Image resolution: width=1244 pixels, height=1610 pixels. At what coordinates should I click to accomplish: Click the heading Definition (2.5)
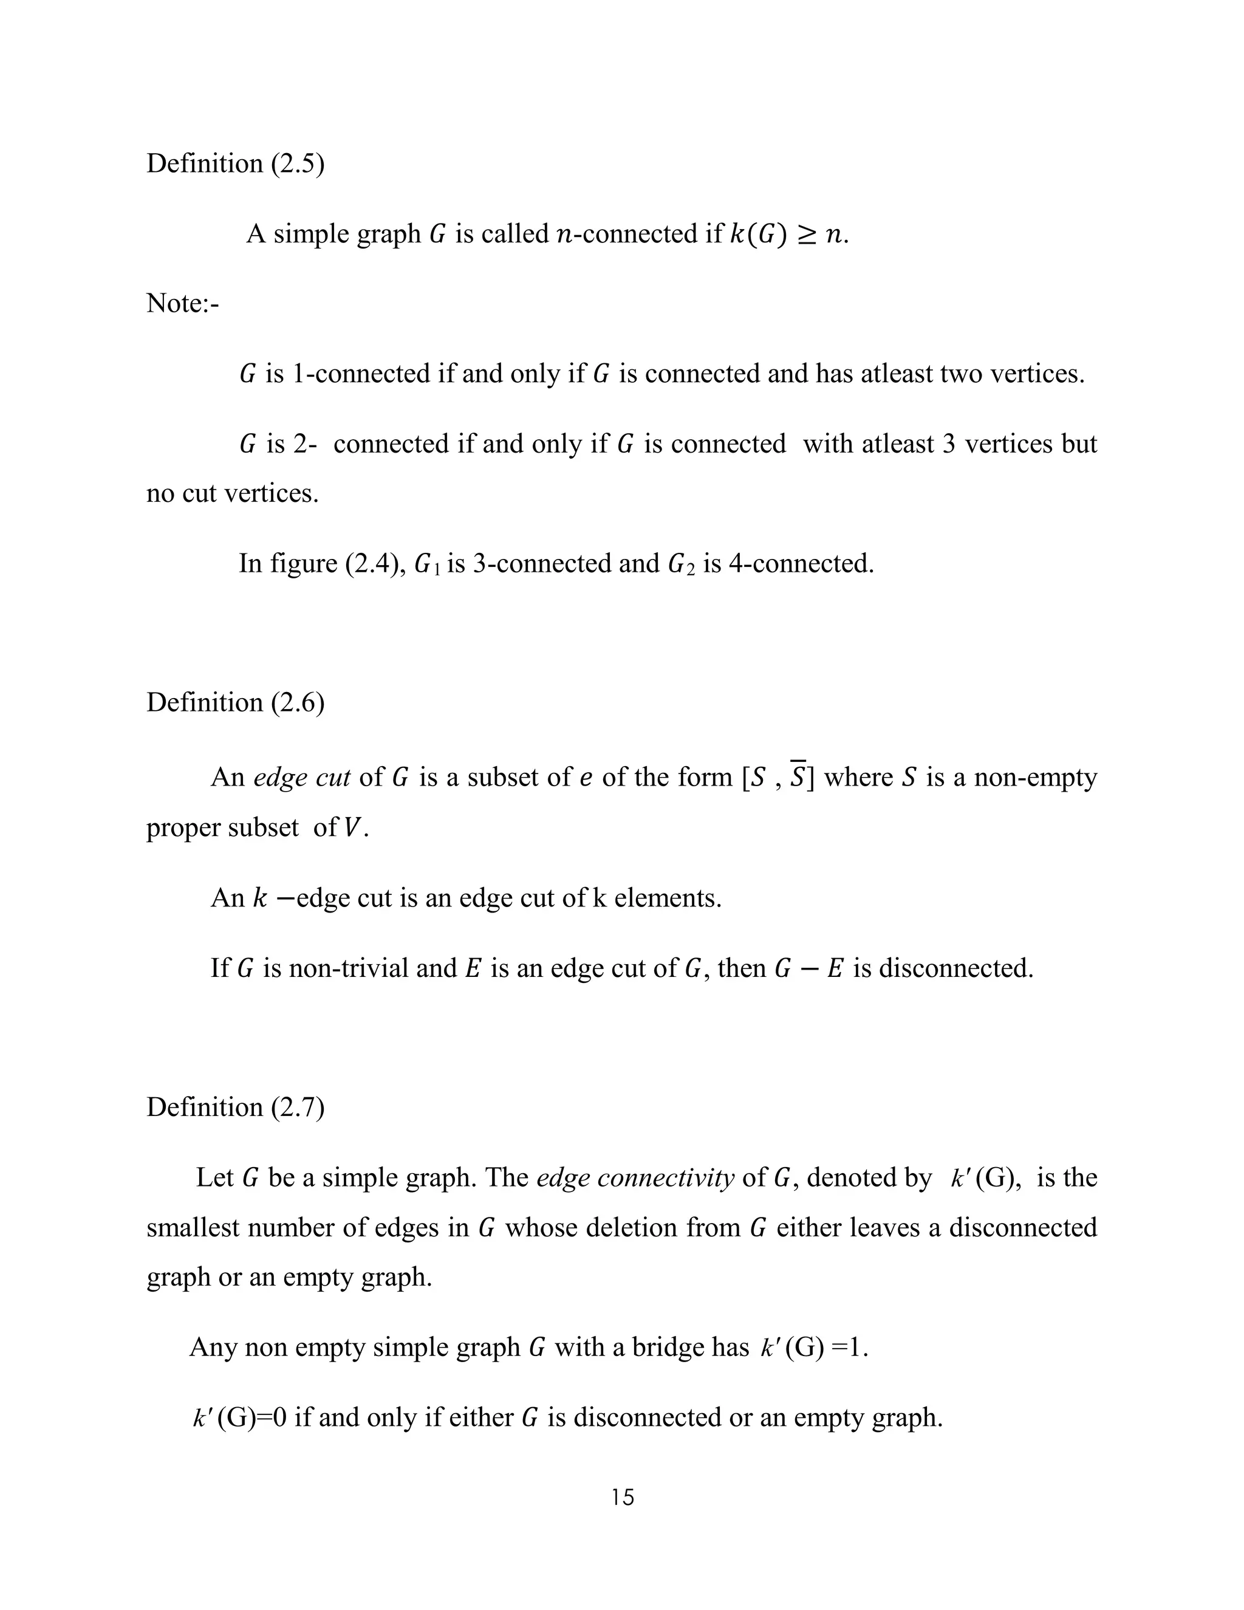pos(235,163)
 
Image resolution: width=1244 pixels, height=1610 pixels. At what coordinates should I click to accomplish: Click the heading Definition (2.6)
pos(235,702)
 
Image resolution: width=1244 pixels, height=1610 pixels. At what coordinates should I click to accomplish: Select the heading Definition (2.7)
pos(235,1107)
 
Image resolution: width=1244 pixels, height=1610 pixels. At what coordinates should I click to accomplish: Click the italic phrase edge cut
pos(301,777)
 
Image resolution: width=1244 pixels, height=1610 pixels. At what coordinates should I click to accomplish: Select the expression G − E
pos(808,968)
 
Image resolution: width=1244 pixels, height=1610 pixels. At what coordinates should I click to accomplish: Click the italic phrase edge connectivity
pos(635,1177)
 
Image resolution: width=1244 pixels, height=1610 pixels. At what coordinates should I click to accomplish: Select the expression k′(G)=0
pos(239,1417)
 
